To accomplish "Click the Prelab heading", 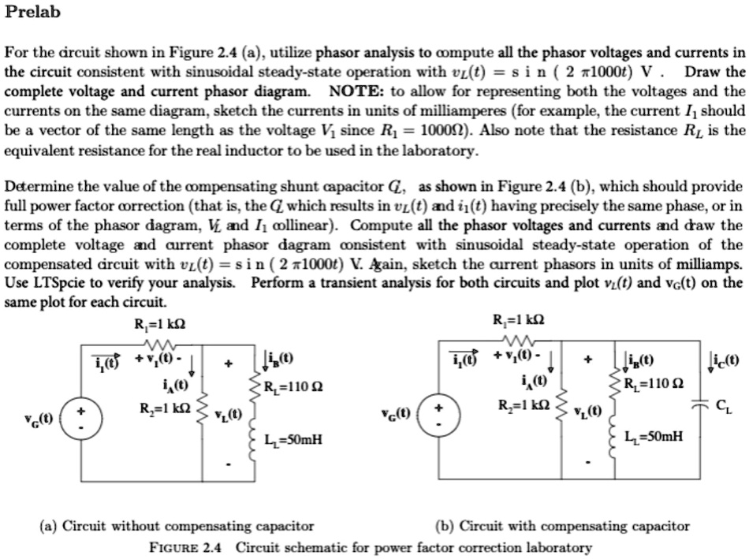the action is point(32,13).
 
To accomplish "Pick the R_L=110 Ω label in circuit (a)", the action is point(296,386).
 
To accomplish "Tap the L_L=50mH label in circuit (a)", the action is point(295,439).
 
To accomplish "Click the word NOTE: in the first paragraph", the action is point(351,91).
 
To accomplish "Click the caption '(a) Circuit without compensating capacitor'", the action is point(177,526).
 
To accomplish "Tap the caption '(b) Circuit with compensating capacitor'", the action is point(562,526).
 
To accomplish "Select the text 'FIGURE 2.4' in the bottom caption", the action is point(188,547).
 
